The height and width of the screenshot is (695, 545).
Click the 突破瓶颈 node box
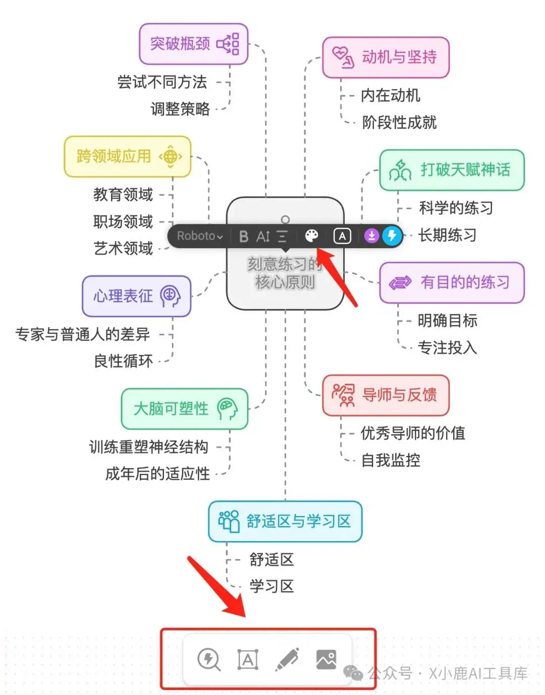193,44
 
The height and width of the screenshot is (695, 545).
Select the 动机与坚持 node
386,57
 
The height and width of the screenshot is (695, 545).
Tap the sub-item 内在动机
390,95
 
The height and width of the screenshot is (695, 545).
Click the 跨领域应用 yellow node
127,156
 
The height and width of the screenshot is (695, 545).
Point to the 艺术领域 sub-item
123,248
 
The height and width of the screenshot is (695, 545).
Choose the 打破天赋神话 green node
452,170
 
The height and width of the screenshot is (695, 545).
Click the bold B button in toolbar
244,236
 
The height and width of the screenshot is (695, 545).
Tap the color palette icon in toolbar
312,236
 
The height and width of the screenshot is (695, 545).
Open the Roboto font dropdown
199,236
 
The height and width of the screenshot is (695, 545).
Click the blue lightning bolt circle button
392,236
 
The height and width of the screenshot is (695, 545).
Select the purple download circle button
371,236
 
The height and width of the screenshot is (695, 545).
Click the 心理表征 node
136,296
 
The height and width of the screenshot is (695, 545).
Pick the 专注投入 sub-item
447,347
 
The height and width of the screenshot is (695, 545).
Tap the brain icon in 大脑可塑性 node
227,409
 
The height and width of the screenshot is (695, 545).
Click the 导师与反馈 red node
386,395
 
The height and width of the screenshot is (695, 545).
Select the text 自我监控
391,460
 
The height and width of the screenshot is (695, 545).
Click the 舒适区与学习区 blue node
285,522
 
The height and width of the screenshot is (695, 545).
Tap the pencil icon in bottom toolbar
287,659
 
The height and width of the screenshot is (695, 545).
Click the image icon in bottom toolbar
326,659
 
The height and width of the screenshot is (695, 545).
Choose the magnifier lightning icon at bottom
208,659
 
